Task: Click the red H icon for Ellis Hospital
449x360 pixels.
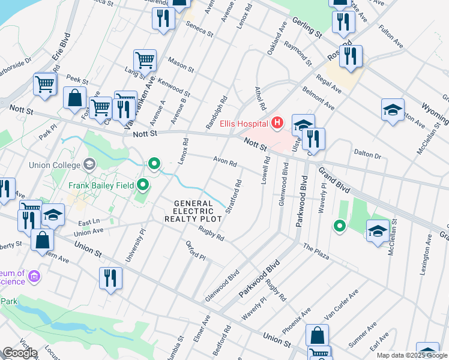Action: coord(277,124)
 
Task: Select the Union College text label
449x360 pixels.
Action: coord(53,164)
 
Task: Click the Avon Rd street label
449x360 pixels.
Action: coord(226,163)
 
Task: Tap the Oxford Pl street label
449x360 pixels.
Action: coord(196,252)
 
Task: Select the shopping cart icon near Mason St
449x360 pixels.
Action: coord(145,61)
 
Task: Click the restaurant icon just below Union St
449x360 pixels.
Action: coord(110,278)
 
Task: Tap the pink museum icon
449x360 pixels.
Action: coord(34,277)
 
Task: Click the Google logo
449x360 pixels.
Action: coord(19,353)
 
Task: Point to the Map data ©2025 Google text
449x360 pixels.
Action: coord(412,355)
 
